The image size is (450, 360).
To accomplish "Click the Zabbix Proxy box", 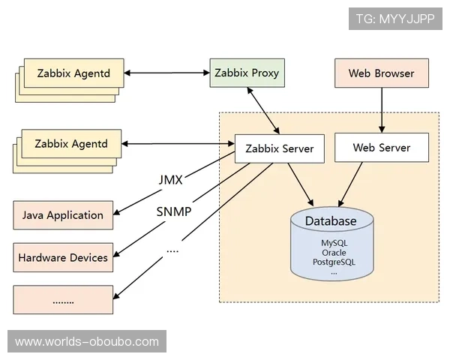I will click(246, 73).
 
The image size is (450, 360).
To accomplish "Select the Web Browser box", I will click(382, 73).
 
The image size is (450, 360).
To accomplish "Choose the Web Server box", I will click(382, 148).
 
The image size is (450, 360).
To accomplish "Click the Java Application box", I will click(63, 215).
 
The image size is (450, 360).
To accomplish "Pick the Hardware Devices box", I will click(63, 257).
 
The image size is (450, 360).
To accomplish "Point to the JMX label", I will click(170, 180).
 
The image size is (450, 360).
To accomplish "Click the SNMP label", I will click(173, 211).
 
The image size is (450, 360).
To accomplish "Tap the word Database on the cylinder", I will click(331, 221).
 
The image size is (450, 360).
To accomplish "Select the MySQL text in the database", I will click(334, 244).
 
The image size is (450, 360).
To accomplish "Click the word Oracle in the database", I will click(334, 253).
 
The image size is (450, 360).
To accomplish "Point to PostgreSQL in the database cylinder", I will click(334, 262).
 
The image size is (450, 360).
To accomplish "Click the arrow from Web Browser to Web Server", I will click(382, 110).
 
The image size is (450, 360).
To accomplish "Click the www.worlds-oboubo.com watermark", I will click(87, 342).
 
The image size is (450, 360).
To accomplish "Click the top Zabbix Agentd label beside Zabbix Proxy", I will click(73, 73).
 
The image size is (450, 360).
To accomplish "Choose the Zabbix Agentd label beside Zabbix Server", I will click(71, 143).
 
